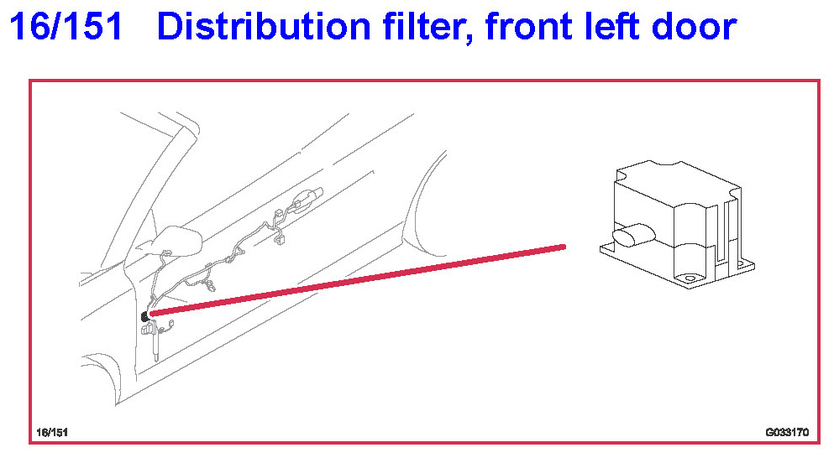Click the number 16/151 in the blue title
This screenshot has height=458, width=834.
pos(66,26)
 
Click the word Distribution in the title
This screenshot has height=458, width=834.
pos(263,26)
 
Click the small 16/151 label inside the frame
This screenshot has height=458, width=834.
pos(51,433)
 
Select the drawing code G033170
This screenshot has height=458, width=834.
pos(787,433)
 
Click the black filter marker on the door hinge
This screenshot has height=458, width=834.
pos(144,317)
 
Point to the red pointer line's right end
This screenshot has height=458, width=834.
pos(564,247)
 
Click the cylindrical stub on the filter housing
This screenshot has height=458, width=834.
pos(633,235)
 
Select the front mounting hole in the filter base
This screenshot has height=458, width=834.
pos(690,278)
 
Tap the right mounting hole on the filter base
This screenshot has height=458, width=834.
pos(740,263)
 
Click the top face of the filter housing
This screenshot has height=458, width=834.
pos(678,185)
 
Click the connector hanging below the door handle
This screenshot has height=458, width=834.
pos(280,240)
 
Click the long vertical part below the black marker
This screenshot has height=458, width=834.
pos(156,344)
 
